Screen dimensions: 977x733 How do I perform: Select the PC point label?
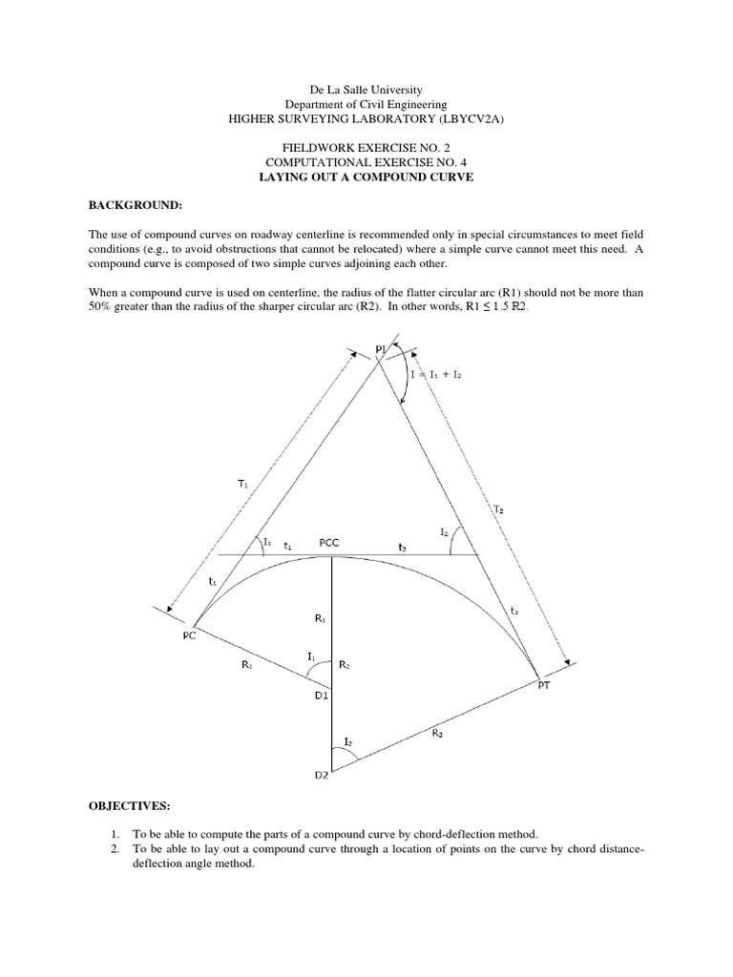(x=189, y=634)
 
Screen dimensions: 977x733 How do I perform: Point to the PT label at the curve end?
(x=545, y=685)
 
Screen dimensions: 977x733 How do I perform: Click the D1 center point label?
(x=322, y=696)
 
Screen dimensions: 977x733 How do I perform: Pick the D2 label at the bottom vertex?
(x=323, y=775)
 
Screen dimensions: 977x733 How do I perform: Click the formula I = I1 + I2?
(x=436, y=375)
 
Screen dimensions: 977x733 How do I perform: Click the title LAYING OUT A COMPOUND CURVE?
(x=366, y=177)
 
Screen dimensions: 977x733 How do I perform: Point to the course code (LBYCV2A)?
(x=473, y=118)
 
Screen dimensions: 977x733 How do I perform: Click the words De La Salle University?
(x=366, y=89)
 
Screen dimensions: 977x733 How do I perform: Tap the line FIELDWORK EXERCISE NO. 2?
(x=366, y=148)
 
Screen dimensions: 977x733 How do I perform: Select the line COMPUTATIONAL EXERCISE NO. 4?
(x=366, y=163)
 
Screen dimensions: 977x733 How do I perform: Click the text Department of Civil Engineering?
(x=366, y=103)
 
